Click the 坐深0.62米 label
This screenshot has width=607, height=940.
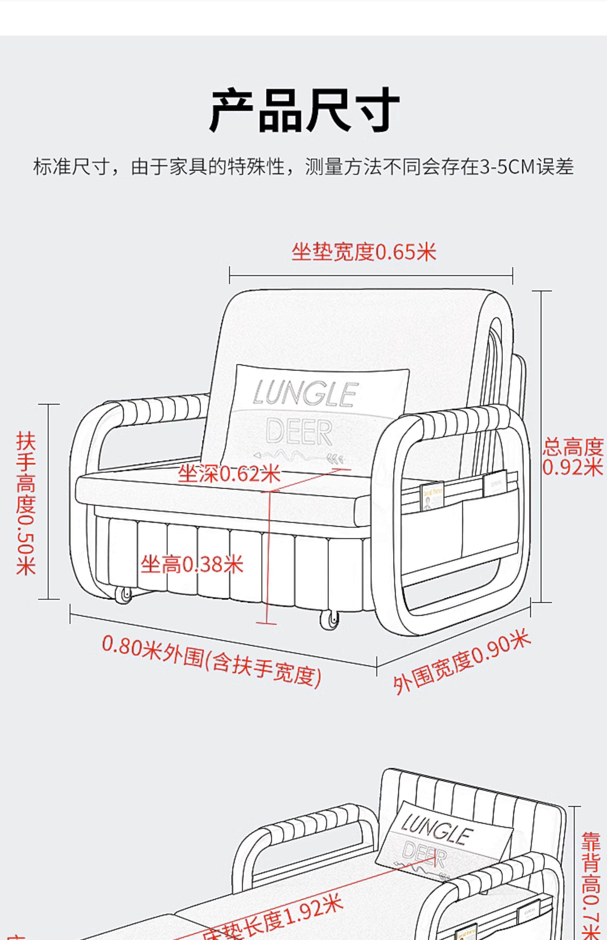click(229, 473)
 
